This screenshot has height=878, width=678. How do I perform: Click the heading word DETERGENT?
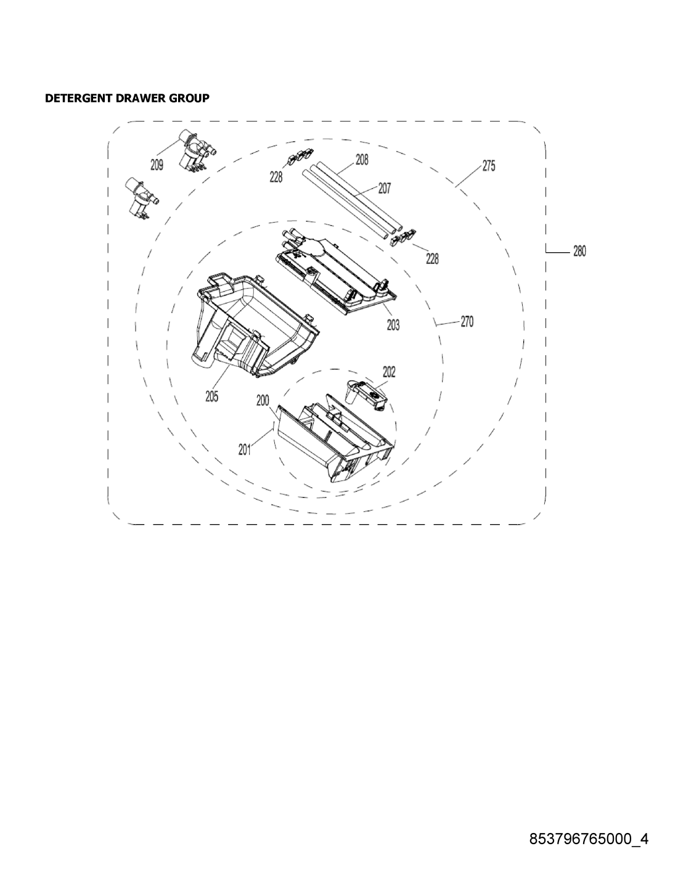pyautogui.click(x=79, y=98)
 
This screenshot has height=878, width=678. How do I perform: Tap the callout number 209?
pyautogui.click(x=157, y=165)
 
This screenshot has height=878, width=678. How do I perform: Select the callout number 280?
pyautogui.click(x=579, y=252)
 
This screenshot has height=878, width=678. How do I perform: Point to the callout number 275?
pyautogui.click(x=489, y=166)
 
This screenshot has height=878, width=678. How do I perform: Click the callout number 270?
pyautogui.click(x=467, y=322)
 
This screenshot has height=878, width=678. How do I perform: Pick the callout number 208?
pyautogui.click(x=362, y=160)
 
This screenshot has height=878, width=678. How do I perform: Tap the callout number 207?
pyautogui.click(x=385, y=188)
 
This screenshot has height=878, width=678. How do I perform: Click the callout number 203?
pyautogui.click(x=393, y=325)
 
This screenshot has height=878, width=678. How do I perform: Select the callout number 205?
pyautogui.click(x=211, y=397)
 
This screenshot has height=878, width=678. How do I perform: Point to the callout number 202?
pyautogui.click(x=389, y=372)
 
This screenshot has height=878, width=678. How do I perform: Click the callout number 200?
pyautogui.click(x=263, y=401)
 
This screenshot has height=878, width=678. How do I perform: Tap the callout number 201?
pyautogui.click(x=245, y=449)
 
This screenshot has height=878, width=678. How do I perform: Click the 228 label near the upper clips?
pyautogui.click(x=276, y=177)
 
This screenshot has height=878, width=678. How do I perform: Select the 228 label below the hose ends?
pyautogui.click(x=432, y=260)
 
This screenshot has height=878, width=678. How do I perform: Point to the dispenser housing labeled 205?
pyautogui.click(x=255, y=323)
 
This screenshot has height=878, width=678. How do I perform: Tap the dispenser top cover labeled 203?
pyautogui.click(x=335, y=271)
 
